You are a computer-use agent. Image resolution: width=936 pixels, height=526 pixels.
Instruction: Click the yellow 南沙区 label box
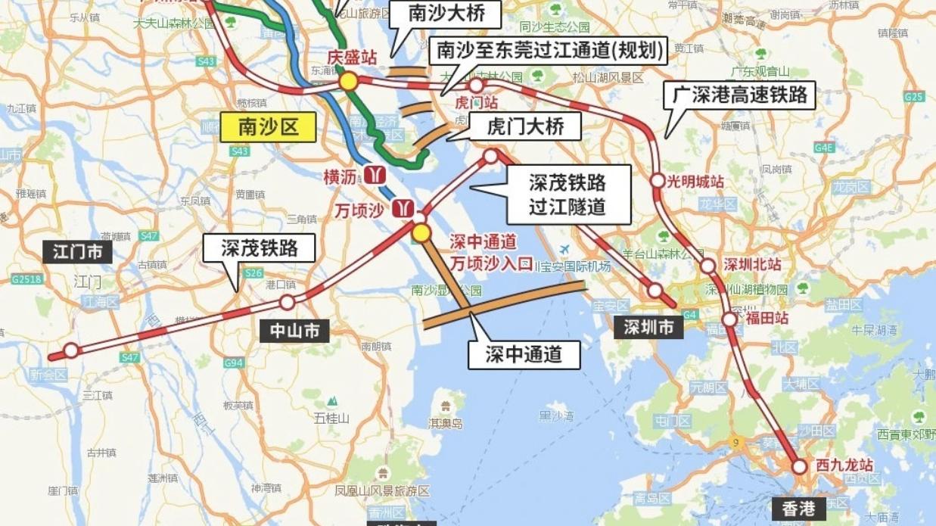pos(268,127)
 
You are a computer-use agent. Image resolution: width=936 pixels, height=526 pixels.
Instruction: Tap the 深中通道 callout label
pos(524,353)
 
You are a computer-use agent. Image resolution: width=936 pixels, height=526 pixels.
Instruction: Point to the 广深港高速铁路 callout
pos(740,95)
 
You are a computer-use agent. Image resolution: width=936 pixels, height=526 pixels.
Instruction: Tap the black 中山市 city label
pos(295,331)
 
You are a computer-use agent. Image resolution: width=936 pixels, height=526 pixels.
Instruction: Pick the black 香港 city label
pos(798,509)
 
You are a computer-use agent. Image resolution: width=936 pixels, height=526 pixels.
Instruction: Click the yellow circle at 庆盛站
pos(348,81)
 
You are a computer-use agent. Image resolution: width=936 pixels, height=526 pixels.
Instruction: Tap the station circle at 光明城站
pos(658,181)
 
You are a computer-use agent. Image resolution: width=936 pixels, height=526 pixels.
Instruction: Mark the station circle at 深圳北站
pos(707,266)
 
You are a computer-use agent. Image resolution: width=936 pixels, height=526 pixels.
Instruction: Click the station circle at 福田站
pos(729,319)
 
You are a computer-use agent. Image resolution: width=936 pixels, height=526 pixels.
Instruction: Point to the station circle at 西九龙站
pos(800,467)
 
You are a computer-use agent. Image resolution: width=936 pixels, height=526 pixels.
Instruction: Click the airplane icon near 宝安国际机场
pos(564,250)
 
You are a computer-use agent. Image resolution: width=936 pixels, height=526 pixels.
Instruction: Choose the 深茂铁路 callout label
pos(259,247)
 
